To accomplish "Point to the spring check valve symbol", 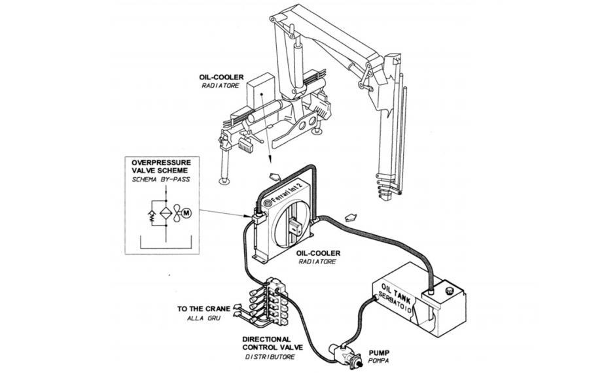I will click(152, 213).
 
